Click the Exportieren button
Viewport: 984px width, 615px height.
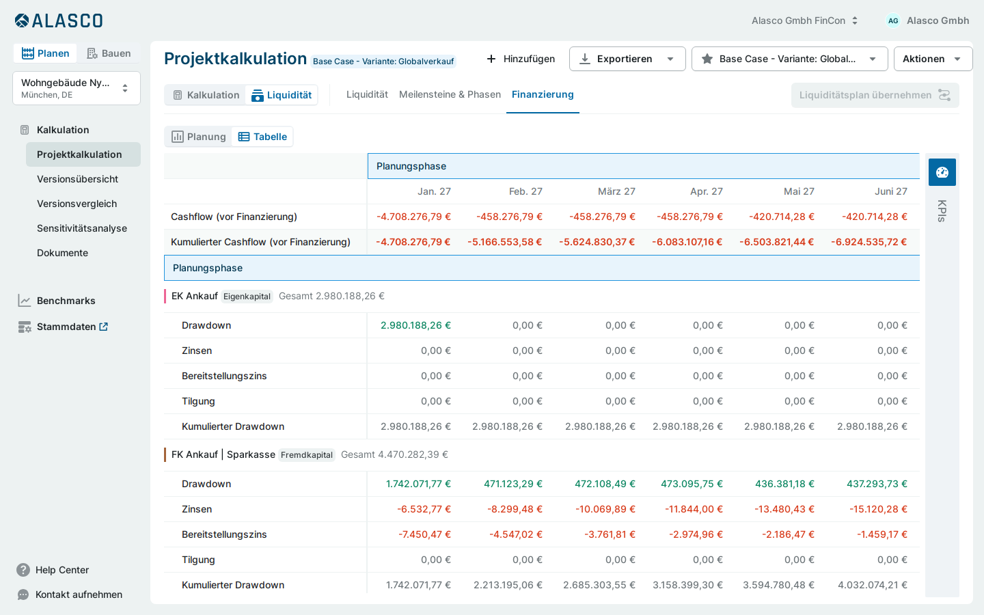[627, 59]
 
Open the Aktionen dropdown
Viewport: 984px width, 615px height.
[933, 59]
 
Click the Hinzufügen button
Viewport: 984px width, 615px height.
[521, 59]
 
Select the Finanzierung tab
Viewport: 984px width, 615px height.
[543, 94]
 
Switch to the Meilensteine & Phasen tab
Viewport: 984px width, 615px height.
[450, 94]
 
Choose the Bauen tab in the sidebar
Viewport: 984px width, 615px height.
[109, 53]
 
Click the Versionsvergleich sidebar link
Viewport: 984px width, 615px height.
[77, 204]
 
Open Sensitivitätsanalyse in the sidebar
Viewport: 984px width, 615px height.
[82, 228]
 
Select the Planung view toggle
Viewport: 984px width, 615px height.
[199, 137]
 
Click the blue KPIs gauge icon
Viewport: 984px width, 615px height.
[942, 172]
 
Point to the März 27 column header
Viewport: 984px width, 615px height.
[616, 191]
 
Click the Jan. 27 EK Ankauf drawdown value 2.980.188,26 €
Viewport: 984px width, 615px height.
[415, 325]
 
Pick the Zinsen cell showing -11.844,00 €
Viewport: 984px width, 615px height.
[694, 509]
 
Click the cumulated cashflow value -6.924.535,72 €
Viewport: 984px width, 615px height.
[869, 242]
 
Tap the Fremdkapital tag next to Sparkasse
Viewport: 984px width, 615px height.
[307, 454]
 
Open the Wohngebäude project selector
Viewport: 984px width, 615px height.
[77, 88]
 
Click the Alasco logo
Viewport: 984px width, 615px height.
[59, 20]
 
